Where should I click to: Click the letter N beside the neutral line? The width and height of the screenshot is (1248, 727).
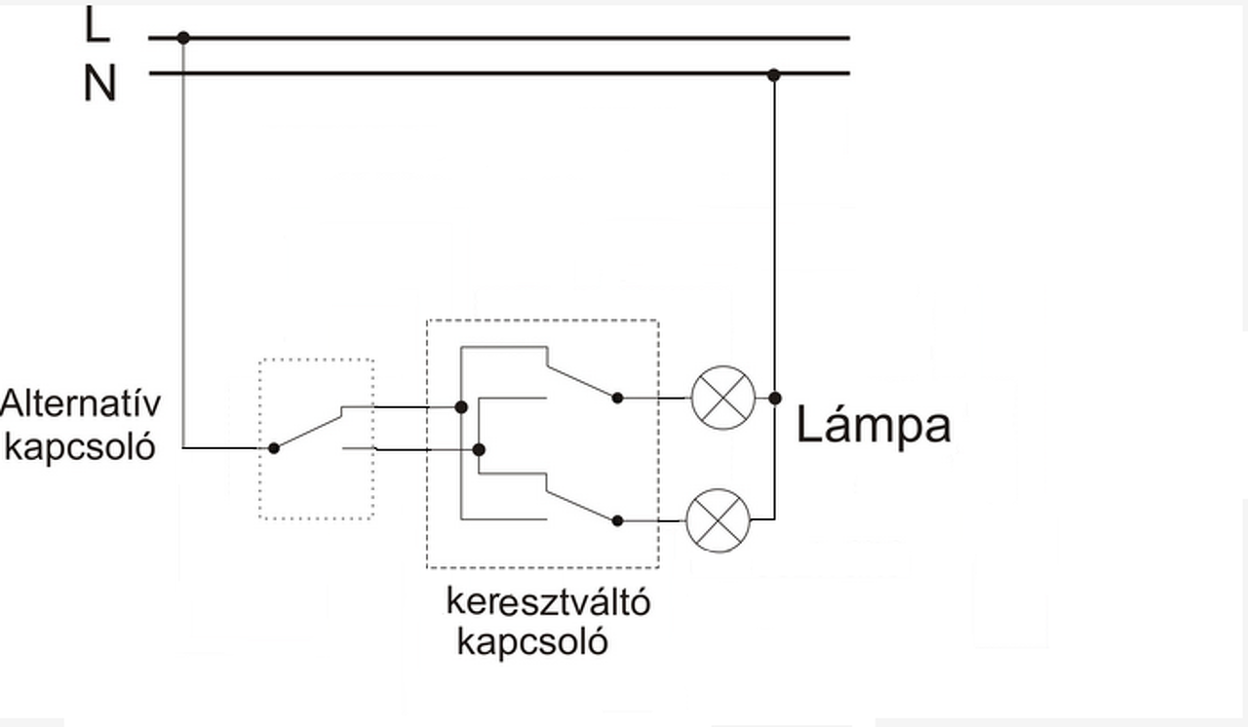(98, 84)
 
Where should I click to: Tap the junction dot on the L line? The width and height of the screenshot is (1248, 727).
(183, 38)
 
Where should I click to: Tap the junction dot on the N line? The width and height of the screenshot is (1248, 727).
(773, 74)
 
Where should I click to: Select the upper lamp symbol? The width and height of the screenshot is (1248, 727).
(722, 398)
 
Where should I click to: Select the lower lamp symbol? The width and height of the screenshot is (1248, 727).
(719, 520)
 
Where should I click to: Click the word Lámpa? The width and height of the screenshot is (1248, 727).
(873, 426)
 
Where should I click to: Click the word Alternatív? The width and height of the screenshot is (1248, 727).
(81, 403)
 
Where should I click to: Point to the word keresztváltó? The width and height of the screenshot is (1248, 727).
(548, 601)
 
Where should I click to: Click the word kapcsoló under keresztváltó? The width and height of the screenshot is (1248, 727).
(532, 642)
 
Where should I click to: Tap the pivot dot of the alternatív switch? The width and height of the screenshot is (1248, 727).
(274, 448)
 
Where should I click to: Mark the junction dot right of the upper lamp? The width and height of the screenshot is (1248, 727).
(775, 398)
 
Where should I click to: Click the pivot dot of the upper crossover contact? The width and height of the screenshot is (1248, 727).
(617, 398)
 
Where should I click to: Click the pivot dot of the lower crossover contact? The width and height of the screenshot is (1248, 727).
(617, 520)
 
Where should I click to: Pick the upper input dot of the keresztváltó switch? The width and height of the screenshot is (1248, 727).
(461, 406)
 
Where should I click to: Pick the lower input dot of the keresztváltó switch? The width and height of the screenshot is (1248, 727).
(479, 449)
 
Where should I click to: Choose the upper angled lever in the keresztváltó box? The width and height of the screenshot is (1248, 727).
(581, 382)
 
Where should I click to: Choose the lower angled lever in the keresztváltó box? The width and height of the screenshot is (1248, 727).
(581, 506)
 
